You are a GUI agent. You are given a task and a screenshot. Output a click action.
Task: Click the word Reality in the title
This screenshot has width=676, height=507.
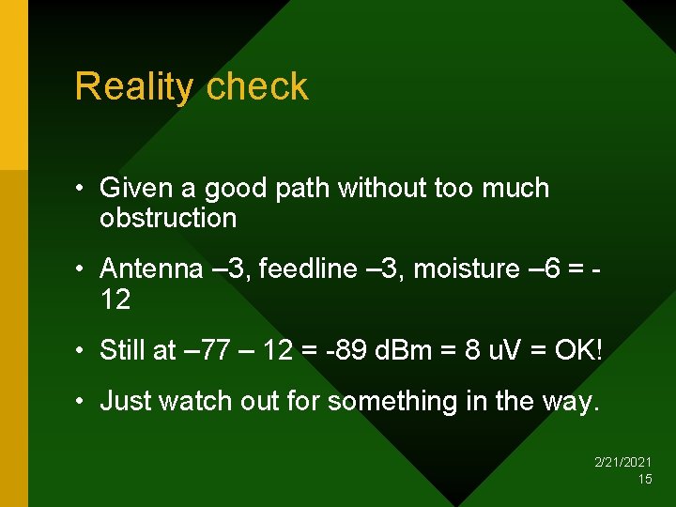pos(133,87)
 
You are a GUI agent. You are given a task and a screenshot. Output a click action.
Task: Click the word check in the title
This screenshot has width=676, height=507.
pos(256,87)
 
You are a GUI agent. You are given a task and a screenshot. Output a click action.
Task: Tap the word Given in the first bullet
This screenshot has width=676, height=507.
pos(137,189)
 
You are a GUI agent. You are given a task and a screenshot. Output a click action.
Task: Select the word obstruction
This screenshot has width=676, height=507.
pos(168,219)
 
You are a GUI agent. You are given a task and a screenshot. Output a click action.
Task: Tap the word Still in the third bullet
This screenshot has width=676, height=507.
pos(122,351)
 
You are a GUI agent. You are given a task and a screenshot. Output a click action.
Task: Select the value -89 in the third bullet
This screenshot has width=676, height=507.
pos(351,351)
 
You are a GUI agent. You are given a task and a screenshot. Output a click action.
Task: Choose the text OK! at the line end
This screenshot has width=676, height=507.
pos(578,351)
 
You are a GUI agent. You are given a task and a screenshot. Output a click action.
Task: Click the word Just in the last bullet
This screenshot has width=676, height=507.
pos(126,402)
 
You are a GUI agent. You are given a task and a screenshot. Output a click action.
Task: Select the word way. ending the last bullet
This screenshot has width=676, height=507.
pos(570,402)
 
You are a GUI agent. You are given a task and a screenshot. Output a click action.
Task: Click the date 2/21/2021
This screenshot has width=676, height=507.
pos(623,463)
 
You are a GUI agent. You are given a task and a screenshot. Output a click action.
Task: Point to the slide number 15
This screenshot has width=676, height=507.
pos(644,479)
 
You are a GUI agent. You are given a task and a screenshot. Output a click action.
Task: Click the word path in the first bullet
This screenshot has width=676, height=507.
pos(303,189)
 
